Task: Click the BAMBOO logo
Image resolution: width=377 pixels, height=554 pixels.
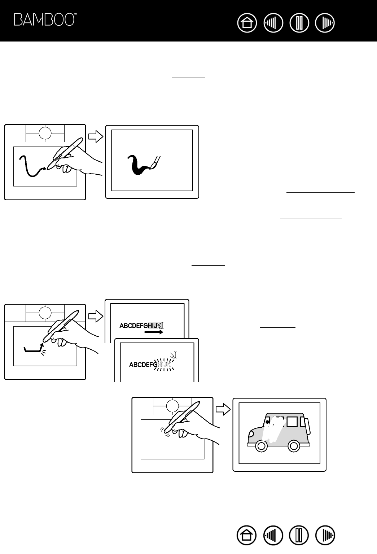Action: click(x=45, y=20)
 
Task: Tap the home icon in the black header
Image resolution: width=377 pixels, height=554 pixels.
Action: click(x=247, y=23)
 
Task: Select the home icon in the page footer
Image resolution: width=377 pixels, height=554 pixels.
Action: click(x=247, y=535)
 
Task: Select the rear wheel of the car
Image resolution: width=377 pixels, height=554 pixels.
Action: click(x=294, y=446)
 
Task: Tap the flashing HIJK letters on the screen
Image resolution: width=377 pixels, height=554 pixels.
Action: click(x=164, y=365)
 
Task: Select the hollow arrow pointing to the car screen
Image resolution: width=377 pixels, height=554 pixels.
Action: click(x=223, y=409)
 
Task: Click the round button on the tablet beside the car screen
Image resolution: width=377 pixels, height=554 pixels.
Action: click(x=172, y=406)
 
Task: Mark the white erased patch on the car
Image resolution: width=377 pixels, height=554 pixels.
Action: click(x=273, y=429)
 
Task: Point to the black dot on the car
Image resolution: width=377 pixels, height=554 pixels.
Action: click(x=267, y=422)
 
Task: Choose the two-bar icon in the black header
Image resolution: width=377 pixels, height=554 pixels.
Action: click(x=299, y=23)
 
